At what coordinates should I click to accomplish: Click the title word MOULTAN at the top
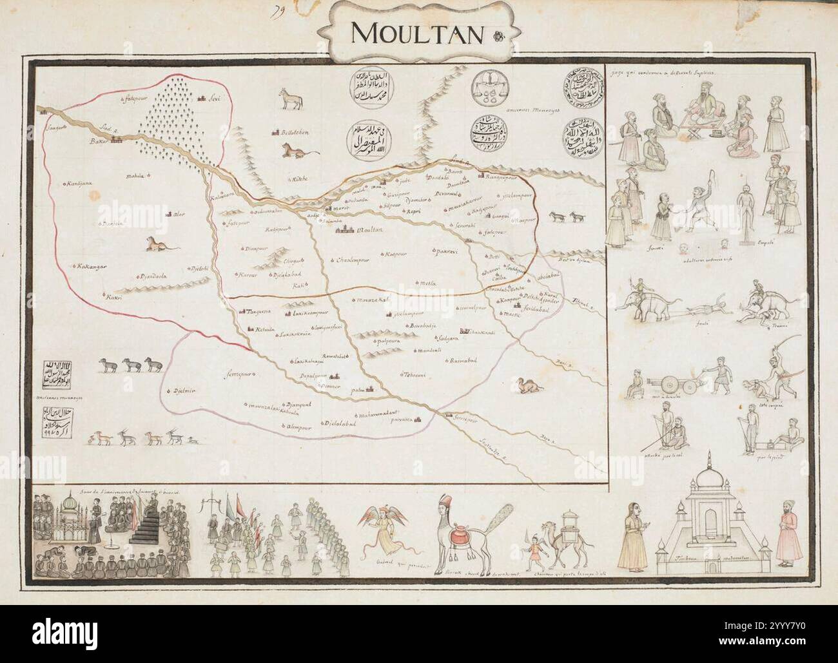(x=417, y=33)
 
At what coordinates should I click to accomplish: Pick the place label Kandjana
(x=79, y=184)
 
